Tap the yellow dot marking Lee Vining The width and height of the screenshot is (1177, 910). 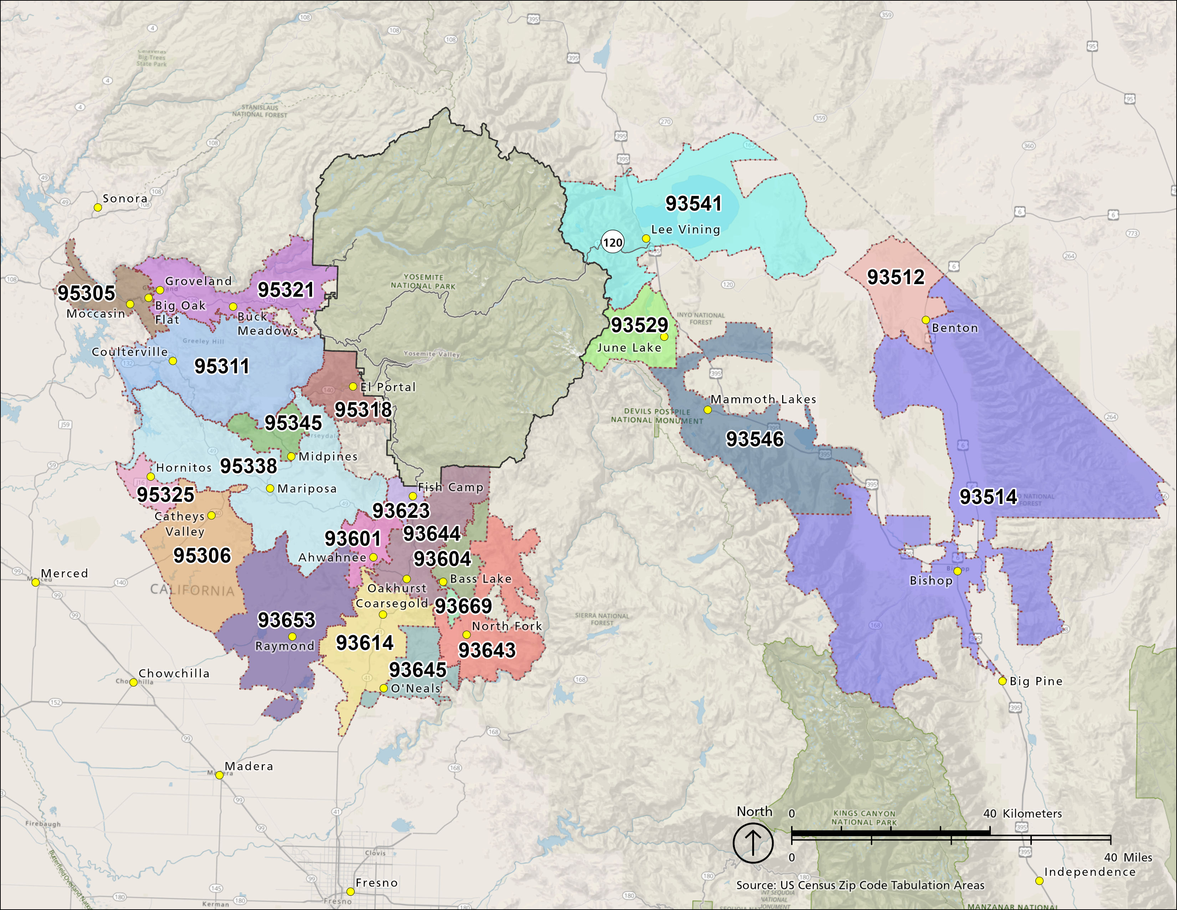(x=646, y=238)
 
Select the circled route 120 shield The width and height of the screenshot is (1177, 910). (x=612, y=243)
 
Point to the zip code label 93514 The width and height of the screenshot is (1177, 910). (x=988, y=496)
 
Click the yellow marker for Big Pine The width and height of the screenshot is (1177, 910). (x=1002, y=681)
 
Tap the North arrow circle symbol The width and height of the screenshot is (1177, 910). (x=753, y=843)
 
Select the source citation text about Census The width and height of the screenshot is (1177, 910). (x=860, y=885)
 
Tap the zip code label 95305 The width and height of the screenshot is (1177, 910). (x=86, y=293)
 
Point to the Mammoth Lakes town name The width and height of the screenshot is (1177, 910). (x=763, y=399)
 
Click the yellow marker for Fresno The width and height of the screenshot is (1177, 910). (x=350, y=891)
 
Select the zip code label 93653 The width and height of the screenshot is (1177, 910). (x=286, y=620)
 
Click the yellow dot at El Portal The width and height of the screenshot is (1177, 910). (x=353, y=386)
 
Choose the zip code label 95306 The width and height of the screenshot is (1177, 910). (x=202, y=555)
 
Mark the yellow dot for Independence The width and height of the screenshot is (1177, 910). (x=1039, y=881)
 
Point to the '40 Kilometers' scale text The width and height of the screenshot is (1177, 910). (x=1022, y=814)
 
